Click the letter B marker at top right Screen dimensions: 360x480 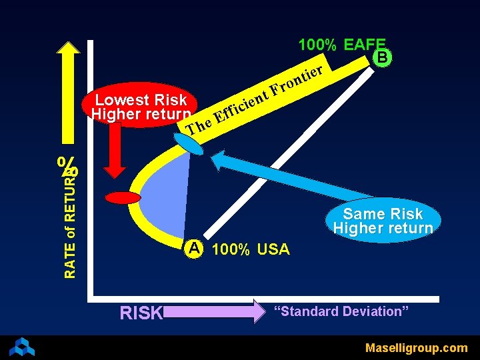click(x=382, y=57)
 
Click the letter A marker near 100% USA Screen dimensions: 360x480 click(x=194, y=249)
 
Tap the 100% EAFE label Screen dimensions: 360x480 click(x=342, y=45)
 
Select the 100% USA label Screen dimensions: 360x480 click(x=251, y=250)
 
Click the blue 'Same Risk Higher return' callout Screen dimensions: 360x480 click(x=383, y=221)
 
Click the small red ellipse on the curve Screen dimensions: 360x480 click(x=123, y=197)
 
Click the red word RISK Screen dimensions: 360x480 click(x=141, y=312)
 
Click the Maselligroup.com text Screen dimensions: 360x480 click(x=416, y=347)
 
